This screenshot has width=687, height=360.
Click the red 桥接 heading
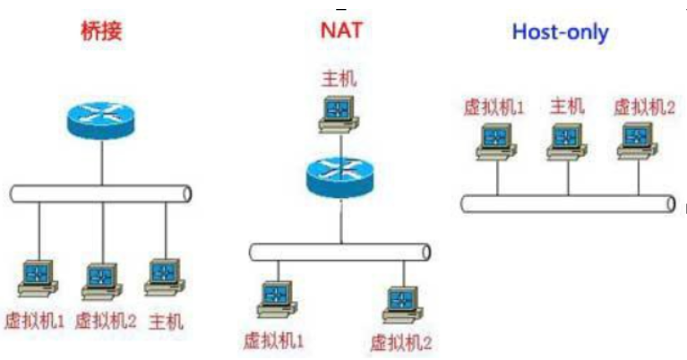(101, 31)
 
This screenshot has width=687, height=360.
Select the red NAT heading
(341, 31)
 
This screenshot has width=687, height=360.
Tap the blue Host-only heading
(560, 33)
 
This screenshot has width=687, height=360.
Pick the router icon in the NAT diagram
(340, 175)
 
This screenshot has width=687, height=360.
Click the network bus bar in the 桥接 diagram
(101, 193)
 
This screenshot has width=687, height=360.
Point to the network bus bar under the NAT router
(340, 252)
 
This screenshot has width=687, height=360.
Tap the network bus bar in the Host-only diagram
(568, 203)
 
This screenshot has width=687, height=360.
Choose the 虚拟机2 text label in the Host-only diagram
(643, 107)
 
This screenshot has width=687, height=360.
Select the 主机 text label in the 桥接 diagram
(166, 320)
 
